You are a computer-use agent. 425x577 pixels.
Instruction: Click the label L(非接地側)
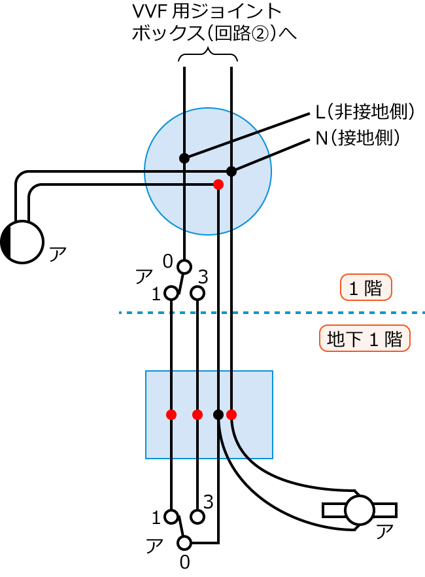point(365,112)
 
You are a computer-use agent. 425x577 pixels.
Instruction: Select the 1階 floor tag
point(365,288)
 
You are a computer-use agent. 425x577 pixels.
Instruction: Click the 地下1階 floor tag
point(364,339)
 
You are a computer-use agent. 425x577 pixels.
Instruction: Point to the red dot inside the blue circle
point(218,184)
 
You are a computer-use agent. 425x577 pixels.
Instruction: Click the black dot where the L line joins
point(184,158)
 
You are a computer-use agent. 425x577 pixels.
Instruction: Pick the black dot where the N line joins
point(231,171)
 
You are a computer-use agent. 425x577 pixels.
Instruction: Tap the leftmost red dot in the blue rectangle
point(171,414)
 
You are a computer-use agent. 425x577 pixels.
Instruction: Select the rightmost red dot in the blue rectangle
point(231,414)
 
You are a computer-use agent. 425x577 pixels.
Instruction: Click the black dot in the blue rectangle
point(218,414)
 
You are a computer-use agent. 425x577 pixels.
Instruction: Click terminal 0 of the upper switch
point(184,266)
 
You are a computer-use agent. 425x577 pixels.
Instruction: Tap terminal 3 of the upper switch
point(197,293)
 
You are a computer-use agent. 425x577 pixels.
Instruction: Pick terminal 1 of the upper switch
point(171,293)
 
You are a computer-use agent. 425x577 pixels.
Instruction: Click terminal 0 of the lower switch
point(184,542)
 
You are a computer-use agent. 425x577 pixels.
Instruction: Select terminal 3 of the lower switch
point(197,516)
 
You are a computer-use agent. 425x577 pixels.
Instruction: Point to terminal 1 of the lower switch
point(171,516)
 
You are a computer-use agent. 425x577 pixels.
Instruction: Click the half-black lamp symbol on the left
point(22,242)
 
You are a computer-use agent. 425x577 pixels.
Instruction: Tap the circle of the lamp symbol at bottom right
point(359,510)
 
